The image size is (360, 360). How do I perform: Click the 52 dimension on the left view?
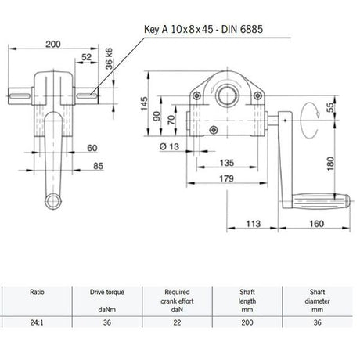pyautogui.click(x=86, y=57)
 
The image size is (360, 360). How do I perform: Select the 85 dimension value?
pyautogui.click(x=99, y=166)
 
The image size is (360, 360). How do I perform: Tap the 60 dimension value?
pyautogui.click(x=92, y=147)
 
